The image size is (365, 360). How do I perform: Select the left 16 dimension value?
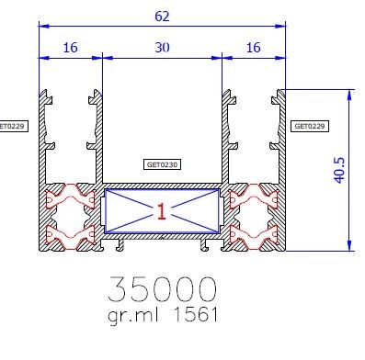coord(70,48)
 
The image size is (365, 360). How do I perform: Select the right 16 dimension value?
coord(254,48)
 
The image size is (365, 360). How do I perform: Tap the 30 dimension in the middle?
coord(161,48)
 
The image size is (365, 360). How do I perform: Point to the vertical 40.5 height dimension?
coord(338,169)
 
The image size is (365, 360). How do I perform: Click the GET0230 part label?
coord(162,166)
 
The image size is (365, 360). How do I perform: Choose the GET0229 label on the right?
coord(310,125)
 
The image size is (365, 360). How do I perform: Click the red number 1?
coord(161,213)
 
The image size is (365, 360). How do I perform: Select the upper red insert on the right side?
coord(253,197)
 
